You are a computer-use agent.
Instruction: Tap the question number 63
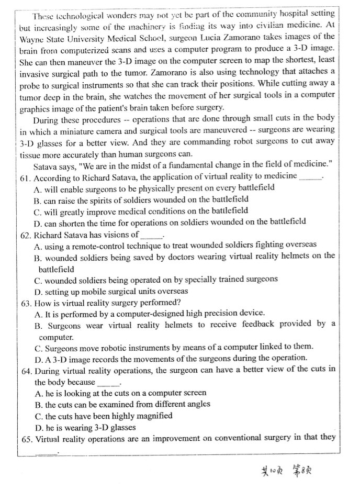pyautogui.click(x=26, y=303)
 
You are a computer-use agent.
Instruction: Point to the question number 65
pyautogui.click(x=26, y=438)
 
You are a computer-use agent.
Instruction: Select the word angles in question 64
pyautogui.click(x=198, y=404)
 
